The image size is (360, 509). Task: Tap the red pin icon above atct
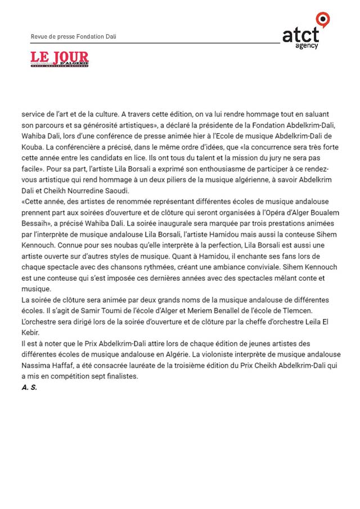pyautogui.click(x=323, y=19)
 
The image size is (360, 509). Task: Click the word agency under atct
pyautogui.click(x=307, y=46)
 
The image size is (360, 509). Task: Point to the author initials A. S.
pyautogui.click(x=29, y=388)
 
